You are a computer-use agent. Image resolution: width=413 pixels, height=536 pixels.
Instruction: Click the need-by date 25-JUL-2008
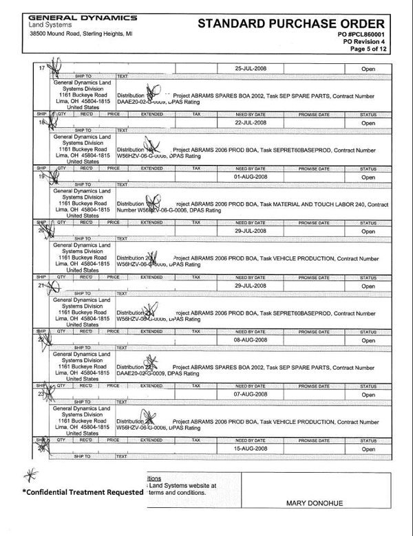(251, 69)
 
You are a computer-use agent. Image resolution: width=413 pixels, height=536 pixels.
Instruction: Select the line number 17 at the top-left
(41, 68)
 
